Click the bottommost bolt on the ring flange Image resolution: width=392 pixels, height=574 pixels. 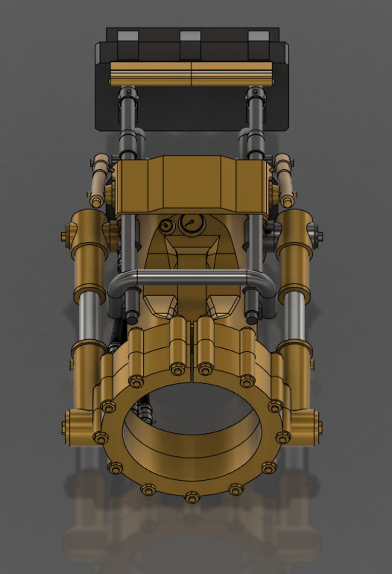[x=192, y=496]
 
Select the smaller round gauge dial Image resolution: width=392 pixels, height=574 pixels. [x=167, y=226]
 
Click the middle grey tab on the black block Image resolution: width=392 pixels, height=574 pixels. [x=190, y=36]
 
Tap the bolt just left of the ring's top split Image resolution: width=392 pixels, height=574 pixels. [x=177, y=369]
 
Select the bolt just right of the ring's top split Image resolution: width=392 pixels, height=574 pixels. [x=205, y=369]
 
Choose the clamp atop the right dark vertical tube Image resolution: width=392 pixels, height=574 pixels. [x=255, y=92]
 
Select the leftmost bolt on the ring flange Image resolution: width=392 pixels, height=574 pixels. [x=101, y=437]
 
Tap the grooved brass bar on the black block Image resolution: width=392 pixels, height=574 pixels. [x=191, y=73]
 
